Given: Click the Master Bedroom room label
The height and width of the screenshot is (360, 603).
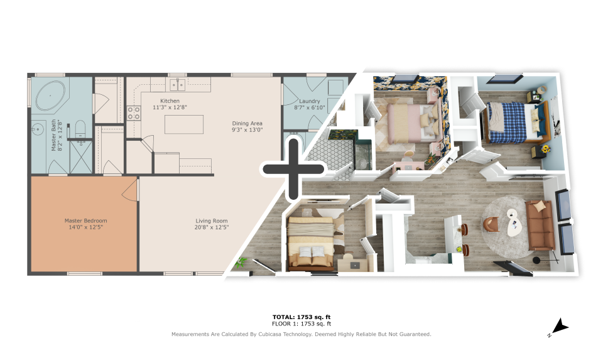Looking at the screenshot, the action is [86, 221].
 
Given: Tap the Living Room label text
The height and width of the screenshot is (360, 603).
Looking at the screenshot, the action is [212, 221].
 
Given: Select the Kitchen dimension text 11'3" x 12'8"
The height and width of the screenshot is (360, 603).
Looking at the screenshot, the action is [170, 107].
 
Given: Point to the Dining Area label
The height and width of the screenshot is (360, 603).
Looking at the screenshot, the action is [247, 124].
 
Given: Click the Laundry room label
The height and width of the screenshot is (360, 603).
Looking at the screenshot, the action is [310, 101].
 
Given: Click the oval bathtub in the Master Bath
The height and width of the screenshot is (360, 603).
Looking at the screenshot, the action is [50, 95].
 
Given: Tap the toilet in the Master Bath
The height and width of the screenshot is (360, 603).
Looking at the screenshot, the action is [80, 129].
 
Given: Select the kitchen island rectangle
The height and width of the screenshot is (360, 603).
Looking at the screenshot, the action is [184, 124].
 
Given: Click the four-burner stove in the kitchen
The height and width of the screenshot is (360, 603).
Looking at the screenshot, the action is [134, 113].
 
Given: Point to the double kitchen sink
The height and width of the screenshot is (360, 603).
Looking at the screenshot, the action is [178, 84].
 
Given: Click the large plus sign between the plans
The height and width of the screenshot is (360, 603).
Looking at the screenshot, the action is [293, 169].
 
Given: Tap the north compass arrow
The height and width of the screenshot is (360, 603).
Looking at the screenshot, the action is [560, 327].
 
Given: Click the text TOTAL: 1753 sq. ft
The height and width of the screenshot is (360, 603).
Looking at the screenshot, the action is [301, 317].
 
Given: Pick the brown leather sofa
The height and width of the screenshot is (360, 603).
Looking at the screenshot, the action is [540, 225].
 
